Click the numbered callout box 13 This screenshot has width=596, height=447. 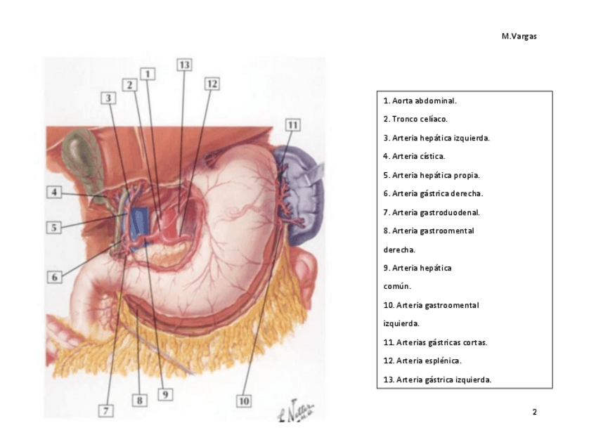(x=184, y=65)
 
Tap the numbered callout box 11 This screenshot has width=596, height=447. (x=293, y=124)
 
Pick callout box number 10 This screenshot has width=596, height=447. (x=243, y=401)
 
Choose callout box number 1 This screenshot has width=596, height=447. (x=148, y=73)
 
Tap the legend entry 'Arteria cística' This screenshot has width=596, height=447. (x=414, y=156)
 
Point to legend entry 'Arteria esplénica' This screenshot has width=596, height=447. (x=422, y=361)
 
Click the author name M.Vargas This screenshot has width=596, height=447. (x=519, y=37)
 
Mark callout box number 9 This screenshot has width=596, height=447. (x=166, y=394)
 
